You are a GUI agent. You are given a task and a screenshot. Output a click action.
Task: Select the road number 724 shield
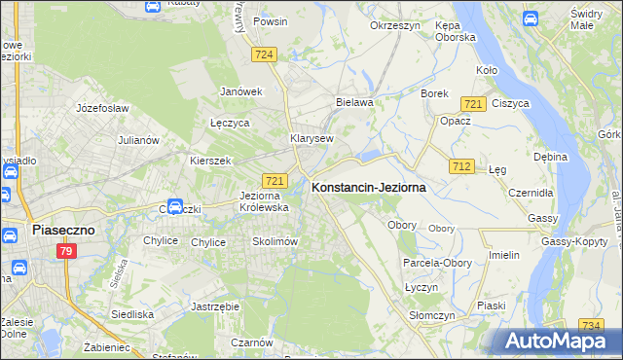coord(262,54)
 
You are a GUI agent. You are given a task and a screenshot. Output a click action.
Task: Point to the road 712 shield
coord(461,167)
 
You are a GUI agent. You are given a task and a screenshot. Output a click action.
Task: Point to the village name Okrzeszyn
coord(394,25)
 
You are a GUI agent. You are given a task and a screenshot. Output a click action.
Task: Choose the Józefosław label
coord(102,108)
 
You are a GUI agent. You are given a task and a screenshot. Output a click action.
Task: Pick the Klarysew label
coord(311,138)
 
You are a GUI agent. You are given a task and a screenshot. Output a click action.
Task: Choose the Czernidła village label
coord(531,193)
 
